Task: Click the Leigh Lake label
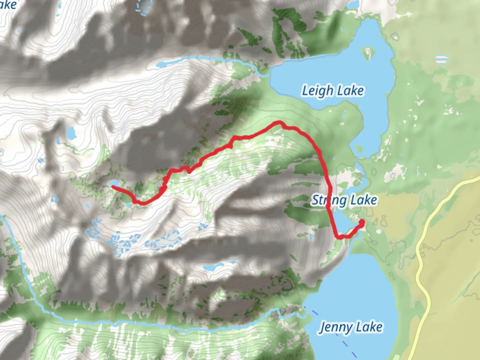[333, 91]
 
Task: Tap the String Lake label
[344, 200]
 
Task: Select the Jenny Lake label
[351, 327]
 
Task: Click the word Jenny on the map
[333, 327]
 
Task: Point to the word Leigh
[317, 91]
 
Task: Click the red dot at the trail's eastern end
[361, 222]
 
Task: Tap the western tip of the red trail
[113, 187]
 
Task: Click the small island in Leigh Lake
[367, 53]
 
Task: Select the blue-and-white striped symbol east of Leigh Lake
[442, 59]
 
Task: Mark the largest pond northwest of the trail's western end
[71, 133]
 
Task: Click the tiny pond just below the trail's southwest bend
[128, 205]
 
